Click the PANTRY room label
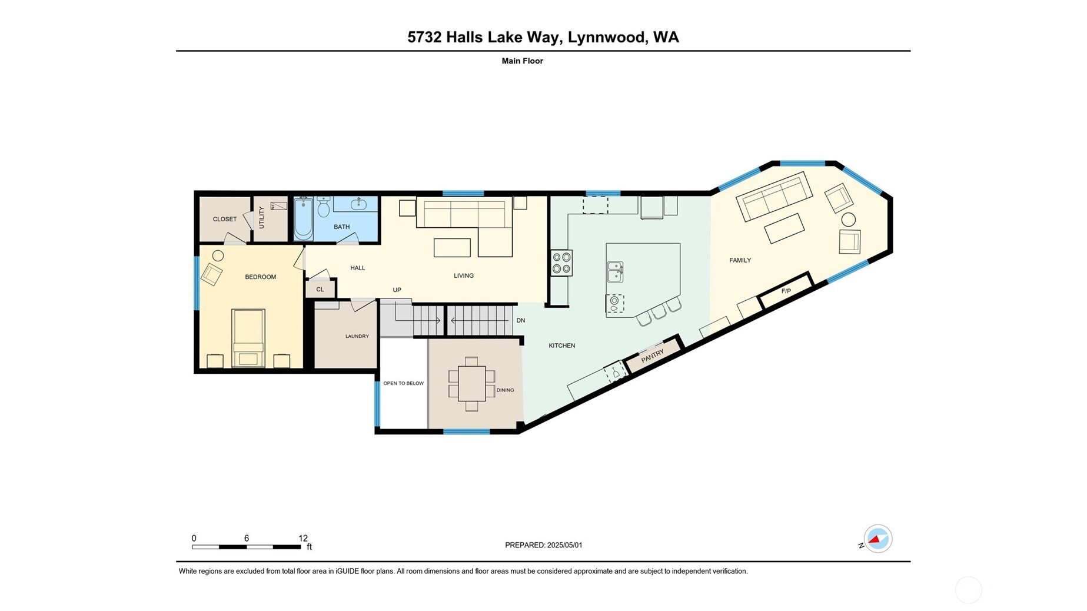652,356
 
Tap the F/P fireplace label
786,291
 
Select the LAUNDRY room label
357,336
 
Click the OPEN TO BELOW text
403,383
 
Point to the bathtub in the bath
303,220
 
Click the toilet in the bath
324,207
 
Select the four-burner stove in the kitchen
561,263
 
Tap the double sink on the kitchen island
615,272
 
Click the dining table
471,383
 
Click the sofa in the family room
774,196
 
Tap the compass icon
877,539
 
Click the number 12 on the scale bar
303,538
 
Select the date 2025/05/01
564,545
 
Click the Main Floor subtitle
522,61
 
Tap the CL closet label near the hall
320,289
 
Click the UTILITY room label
261,218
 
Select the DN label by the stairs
520,321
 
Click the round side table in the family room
848,220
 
